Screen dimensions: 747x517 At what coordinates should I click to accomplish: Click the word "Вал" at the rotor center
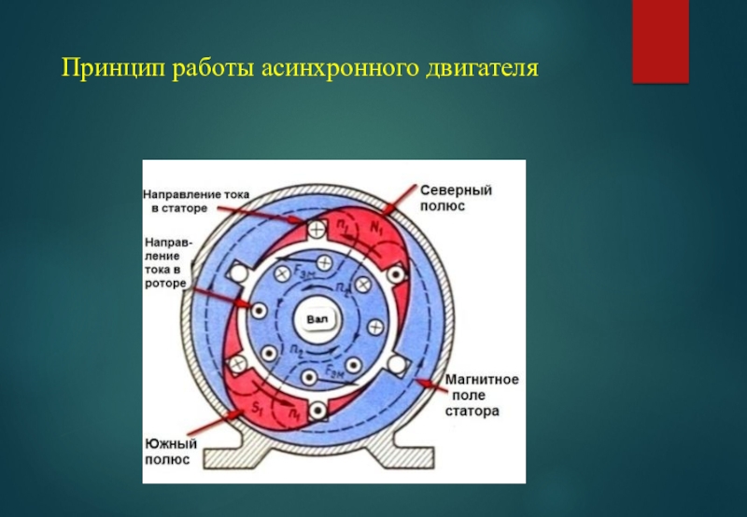coord(316,320)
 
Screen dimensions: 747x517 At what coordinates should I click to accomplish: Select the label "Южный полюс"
coord(168,452)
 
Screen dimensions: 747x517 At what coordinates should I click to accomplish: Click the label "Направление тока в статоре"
coord(195,202)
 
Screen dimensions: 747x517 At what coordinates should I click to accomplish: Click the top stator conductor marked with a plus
coord(317,228)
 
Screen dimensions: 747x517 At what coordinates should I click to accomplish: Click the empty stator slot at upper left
coord(239,272)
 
